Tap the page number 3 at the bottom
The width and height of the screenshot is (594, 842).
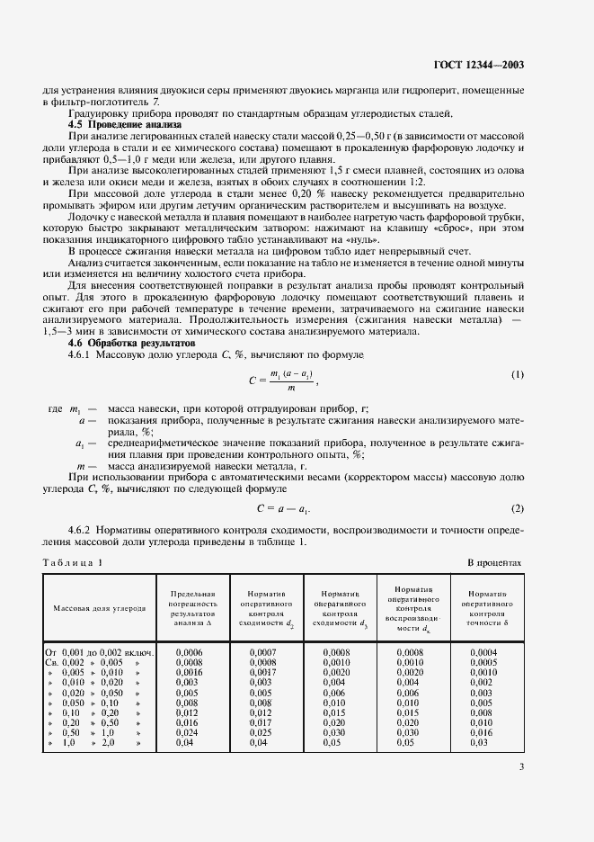click(x=521, y=766)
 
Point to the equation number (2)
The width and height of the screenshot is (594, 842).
click(x=517, y=507)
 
